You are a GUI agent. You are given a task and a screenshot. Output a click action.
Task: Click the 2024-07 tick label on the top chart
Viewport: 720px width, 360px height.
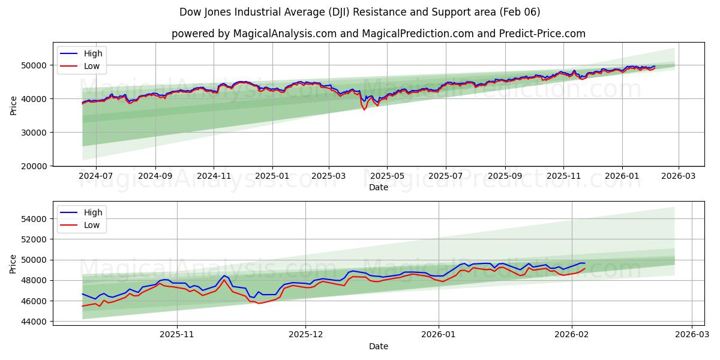coord(97,177)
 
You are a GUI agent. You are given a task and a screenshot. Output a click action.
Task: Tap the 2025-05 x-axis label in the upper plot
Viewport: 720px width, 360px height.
coord(387,177)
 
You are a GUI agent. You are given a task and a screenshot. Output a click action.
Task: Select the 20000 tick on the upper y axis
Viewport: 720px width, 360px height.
coord(35,166)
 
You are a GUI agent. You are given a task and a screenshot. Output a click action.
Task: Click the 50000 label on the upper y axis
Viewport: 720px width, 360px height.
coord(35,65)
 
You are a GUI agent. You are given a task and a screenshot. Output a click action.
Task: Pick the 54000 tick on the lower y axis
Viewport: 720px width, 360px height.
coord(35,219)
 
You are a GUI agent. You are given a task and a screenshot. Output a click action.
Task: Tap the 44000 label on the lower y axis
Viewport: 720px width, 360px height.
coord(35,322)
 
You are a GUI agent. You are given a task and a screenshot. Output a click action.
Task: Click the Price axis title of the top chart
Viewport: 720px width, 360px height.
coord(14,106)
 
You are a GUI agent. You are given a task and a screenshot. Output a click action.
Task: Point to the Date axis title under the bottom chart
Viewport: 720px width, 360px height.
coord(378,346)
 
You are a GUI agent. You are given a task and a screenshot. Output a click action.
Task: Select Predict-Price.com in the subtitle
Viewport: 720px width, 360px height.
coord(542,34)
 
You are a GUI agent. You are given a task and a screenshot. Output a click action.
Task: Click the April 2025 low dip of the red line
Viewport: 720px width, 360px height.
coord(364,110)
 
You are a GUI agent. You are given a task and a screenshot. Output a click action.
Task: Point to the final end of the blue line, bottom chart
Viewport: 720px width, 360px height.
coord(585,263)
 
